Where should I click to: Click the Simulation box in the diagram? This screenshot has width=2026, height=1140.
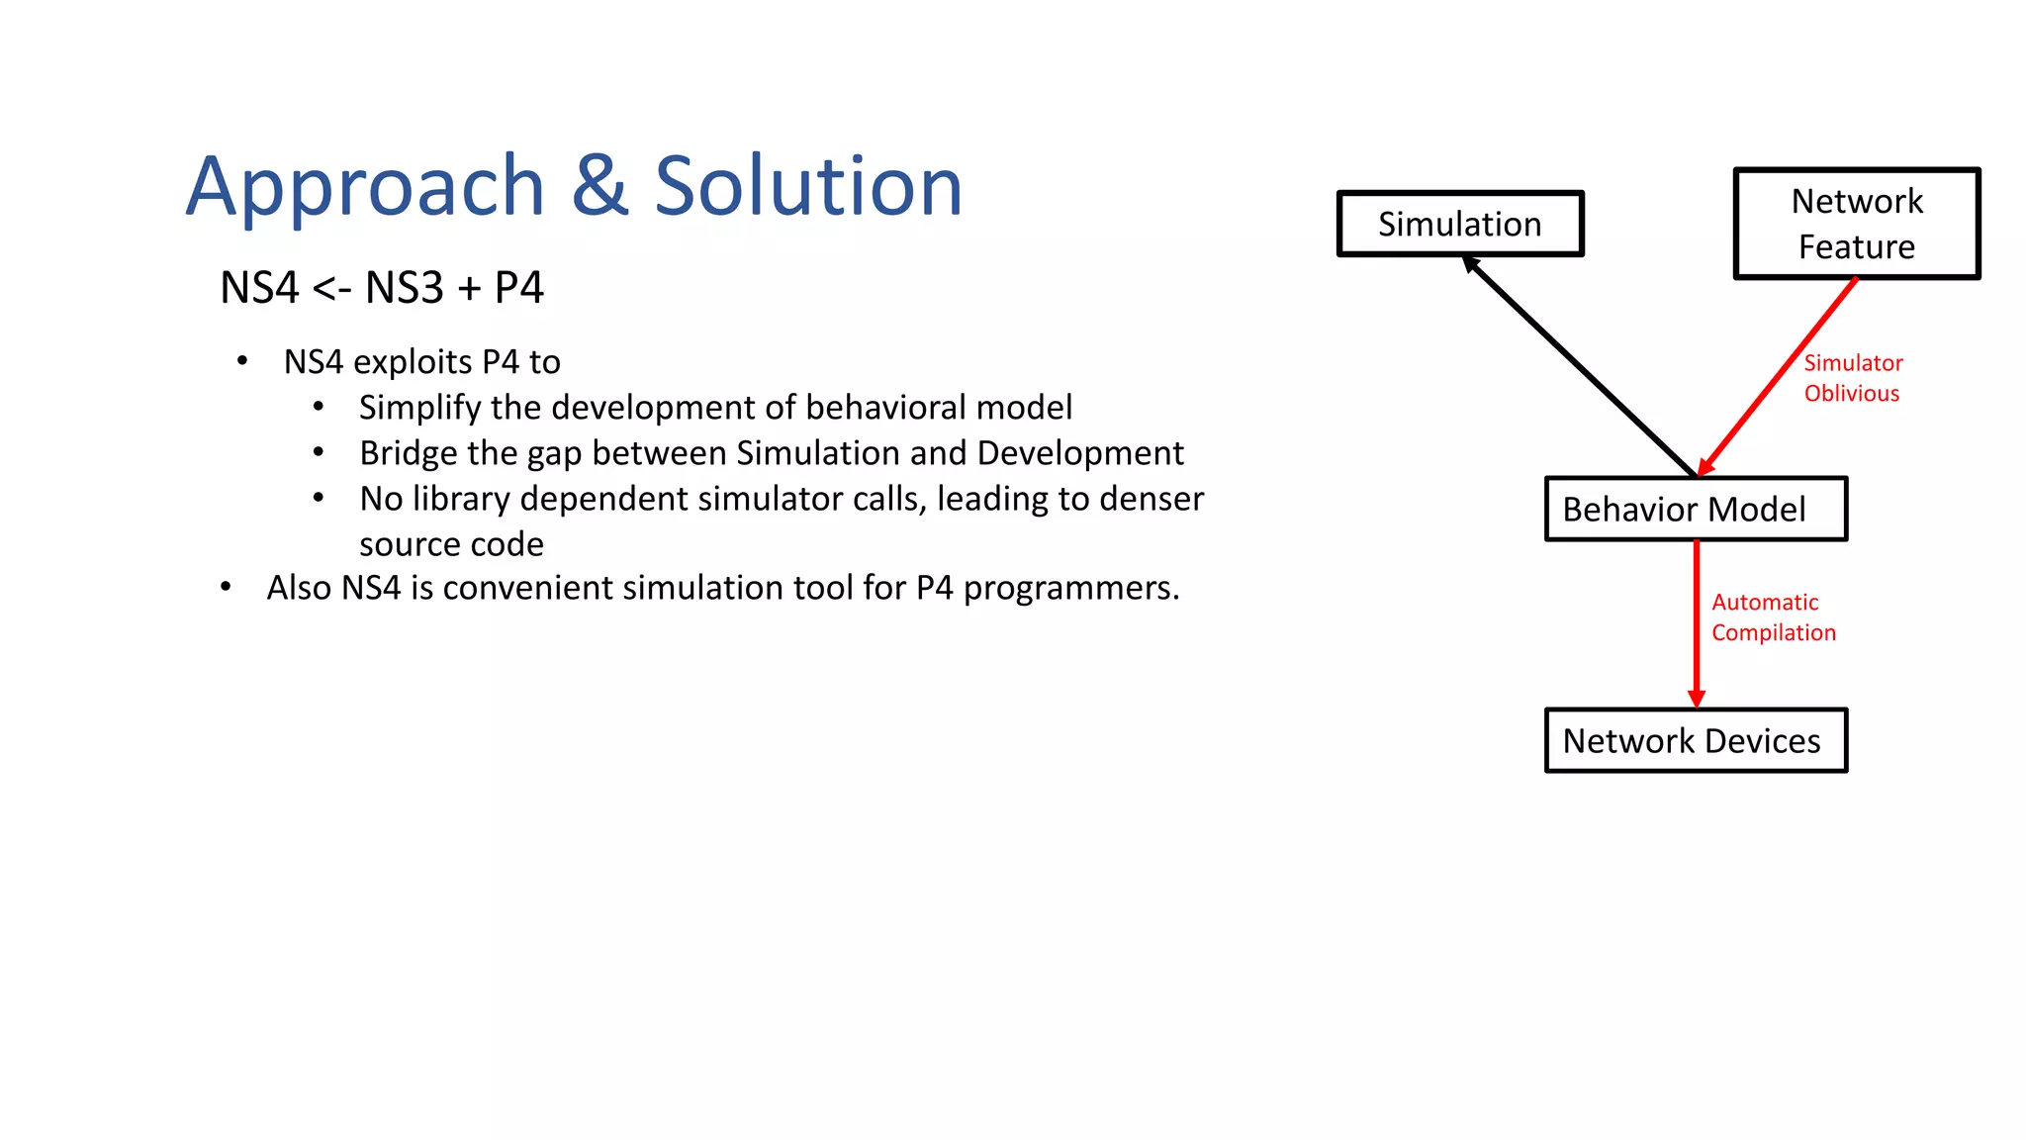coord(1460,224)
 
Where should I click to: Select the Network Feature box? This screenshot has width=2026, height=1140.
coord(1857,224)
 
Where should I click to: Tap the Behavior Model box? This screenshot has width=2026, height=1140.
coord(1696,510)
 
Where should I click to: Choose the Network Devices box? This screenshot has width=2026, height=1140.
coord(1696,740)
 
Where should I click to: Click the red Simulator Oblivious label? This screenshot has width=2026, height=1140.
coord(1852,378)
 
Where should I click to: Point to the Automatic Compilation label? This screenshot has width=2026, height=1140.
coord(1773,617)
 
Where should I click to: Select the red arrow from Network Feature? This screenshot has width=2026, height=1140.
coord(1778,377)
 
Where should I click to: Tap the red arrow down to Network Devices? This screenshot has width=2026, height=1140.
coord(1696,623)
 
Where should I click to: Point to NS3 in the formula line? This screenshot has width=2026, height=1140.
coord(404,288)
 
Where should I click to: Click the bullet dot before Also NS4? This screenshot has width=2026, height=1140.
coord(226,588)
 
